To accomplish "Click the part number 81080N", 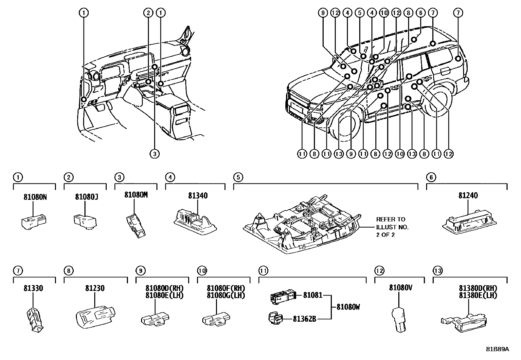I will (x=35, y=197).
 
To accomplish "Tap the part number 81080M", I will (x=136, y=195).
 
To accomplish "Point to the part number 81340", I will (x=198, y=196).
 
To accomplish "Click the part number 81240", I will (x=468, y=196).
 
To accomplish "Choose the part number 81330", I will (x=33, y=289).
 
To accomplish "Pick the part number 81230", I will (x=95, y=289).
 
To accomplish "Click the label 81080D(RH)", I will (x=165, y=288).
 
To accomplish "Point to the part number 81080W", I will (x=348, y=307).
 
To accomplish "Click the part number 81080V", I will (x=400, y=288).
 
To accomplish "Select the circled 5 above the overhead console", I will (x=238, y=177).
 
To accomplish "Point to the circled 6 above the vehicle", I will (x=421, y=13).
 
